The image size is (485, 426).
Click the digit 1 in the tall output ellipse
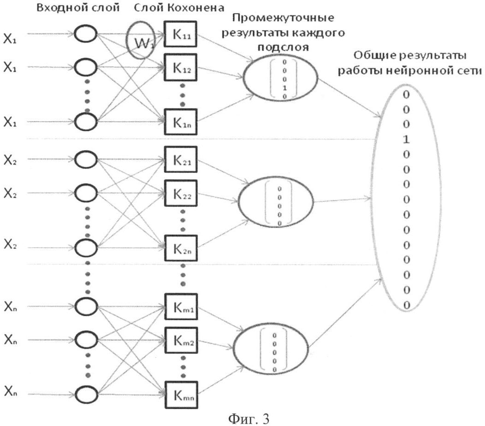point(406,139)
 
